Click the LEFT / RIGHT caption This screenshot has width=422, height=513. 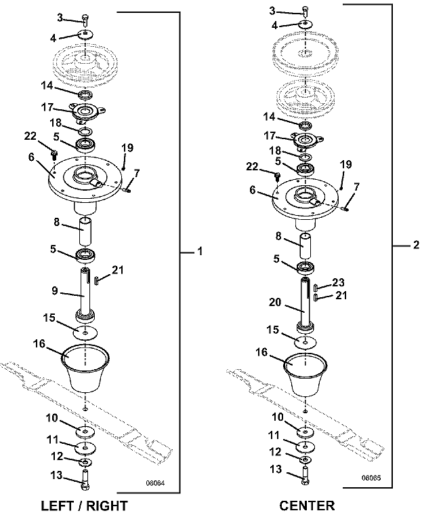(84, 506)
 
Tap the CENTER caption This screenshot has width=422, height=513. (307, 506)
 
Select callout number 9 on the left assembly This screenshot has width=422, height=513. (55, 290)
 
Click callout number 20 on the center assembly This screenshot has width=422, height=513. (275, 302)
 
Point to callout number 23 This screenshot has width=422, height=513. (339, 282)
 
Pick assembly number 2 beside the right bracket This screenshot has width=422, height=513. (416, 245)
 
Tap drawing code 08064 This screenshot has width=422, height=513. (155, 483)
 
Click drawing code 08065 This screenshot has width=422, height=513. (371, 478)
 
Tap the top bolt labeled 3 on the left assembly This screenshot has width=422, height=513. (85, 20)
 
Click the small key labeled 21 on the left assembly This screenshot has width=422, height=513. (97, 280)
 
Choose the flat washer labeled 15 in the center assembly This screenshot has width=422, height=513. (305, 342)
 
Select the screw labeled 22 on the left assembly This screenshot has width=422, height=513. (53, 153)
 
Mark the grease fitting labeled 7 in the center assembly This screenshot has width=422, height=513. (345, 208)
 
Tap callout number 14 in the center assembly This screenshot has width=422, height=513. (269, 117)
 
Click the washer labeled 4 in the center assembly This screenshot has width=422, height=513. (305, 24)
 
